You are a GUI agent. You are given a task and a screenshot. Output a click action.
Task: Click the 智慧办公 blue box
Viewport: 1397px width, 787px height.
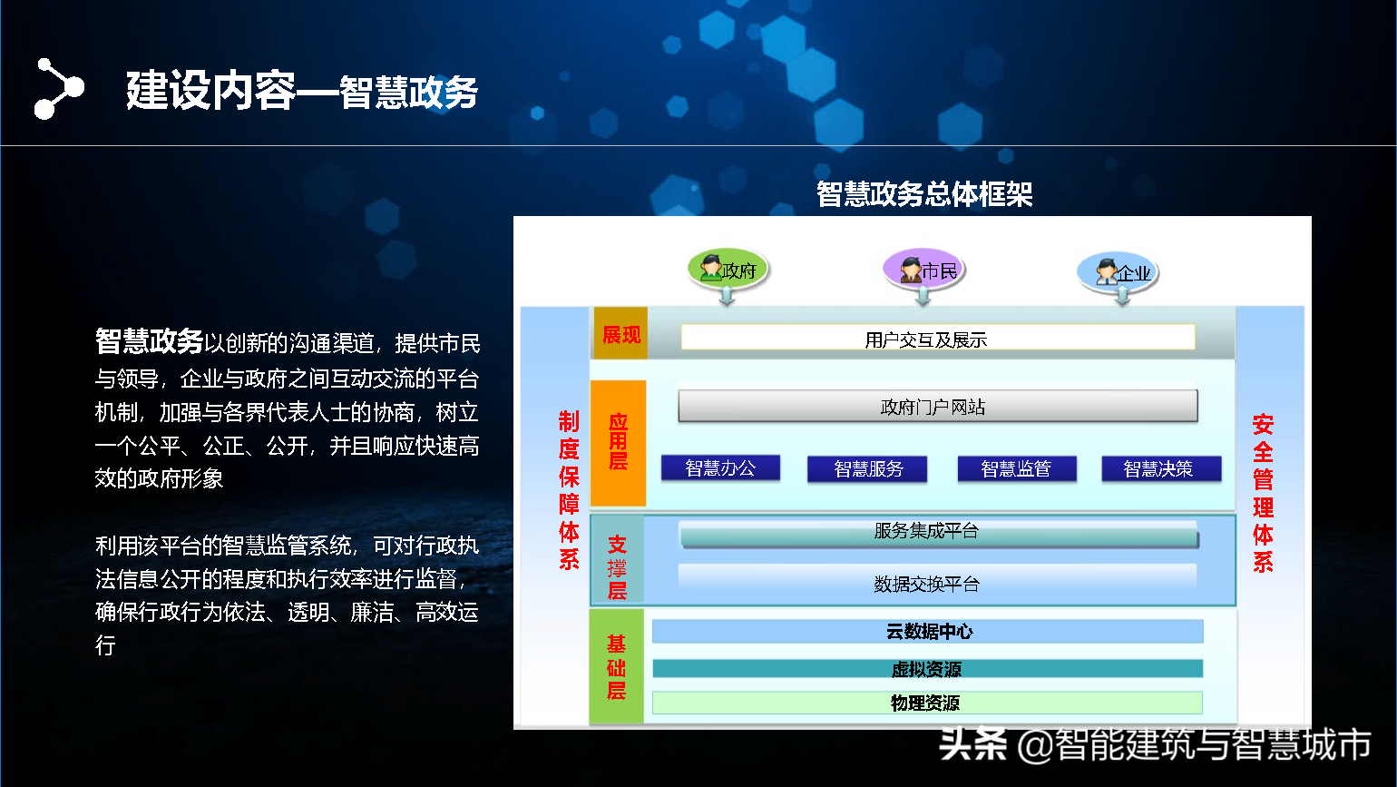[x=720, y=468]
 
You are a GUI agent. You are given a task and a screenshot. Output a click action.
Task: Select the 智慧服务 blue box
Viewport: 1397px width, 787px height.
[x=867, y=468]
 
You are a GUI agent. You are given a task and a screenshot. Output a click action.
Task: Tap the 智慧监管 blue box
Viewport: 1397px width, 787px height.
[x=1017, y=468]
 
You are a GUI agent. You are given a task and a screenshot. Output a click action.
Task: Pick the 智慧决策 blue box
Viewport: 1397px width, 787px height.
[x=1161, y=468]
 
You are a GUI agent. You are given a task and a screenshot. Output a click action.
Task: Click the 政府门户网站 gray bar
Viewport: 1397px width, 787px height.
[x=938, y=407]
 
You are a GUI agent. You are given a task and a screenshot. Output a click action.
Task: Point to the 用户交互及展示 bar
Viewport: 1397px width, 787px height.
[x=938, y=338]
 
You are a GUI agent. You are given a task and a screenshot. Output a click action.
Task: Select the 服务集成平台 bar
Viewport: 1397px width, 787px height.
[x=939, y=533]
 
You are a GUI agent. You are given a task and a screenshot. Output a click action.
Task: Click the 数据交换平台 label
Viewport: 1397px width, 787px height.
[x=927, y=585]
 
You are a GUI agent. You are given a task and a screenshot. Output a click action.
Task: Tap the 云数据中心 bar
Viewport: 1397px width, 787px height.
[x=928, y=632]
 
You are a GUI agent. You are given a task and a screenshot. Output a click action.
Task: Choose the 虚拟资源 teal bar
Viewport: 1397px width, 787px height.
[x=928, y=669]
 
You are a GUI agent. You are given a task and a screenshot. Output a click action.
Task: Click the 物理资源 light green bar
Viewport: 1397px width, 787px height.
[x=927, y=703]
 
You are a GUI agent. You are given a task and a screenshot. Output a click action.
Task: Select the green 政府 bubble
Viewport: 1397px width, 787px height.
[x=728, y=269]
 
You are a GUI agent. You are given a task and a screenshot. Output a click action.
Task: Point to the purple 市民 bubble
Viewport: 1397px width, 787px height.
[x=923, y=269]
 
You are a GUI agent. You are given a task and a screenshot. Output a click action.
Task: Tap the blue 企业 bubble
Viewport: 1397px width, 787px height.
[x=1118, y=271]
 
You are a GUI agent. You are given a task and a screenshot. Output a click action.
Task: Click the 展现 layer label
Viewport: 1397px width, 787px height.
[x=621, y=335]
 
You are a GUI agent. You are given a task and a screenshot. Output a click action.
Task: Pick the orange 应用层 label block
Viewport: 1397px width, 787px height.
[x=618, y=442]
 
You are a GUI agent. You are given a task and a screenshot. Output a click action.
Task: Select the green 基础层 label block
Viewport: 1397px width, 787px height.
[x=616, y=666]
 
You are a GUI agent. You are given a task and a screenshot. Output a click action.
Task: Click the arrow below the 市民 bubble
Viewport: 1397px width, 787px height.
[x=923, y=296]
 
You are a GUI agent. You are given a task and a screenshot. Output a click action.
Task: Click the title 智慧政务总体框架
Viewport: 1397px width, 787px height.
[x=924, y=194]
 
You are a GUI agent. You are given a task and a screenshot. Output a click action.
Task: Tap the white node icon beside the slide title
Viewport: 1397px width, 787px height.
[x=59, y=88]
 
